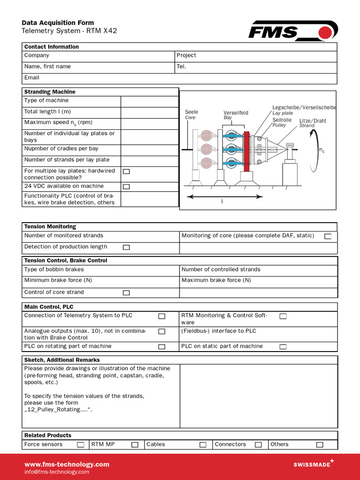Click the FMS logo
[292, 31]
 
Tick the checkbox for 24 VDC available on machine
[126, 187]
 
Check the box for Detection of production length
[126, 247]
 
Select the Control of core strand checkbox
[126, 292]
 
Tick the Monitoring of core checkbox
[328, 236]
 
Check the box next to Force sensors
[81, 444]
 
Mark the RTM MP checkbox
[135, 444]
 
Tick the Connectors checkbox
[258, 444]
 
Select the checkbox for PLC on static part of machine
[283, 347]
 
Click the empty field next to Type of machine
[149, 101]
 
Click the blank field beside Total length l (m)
[149, 112]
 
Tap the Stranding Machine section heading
[50, 92]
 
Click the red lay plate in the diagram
[247, 151]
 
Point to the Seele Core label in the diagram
[191, 115]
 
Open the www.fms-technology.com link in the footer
[67, 465]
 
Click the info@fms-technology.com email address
[56, 472]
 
